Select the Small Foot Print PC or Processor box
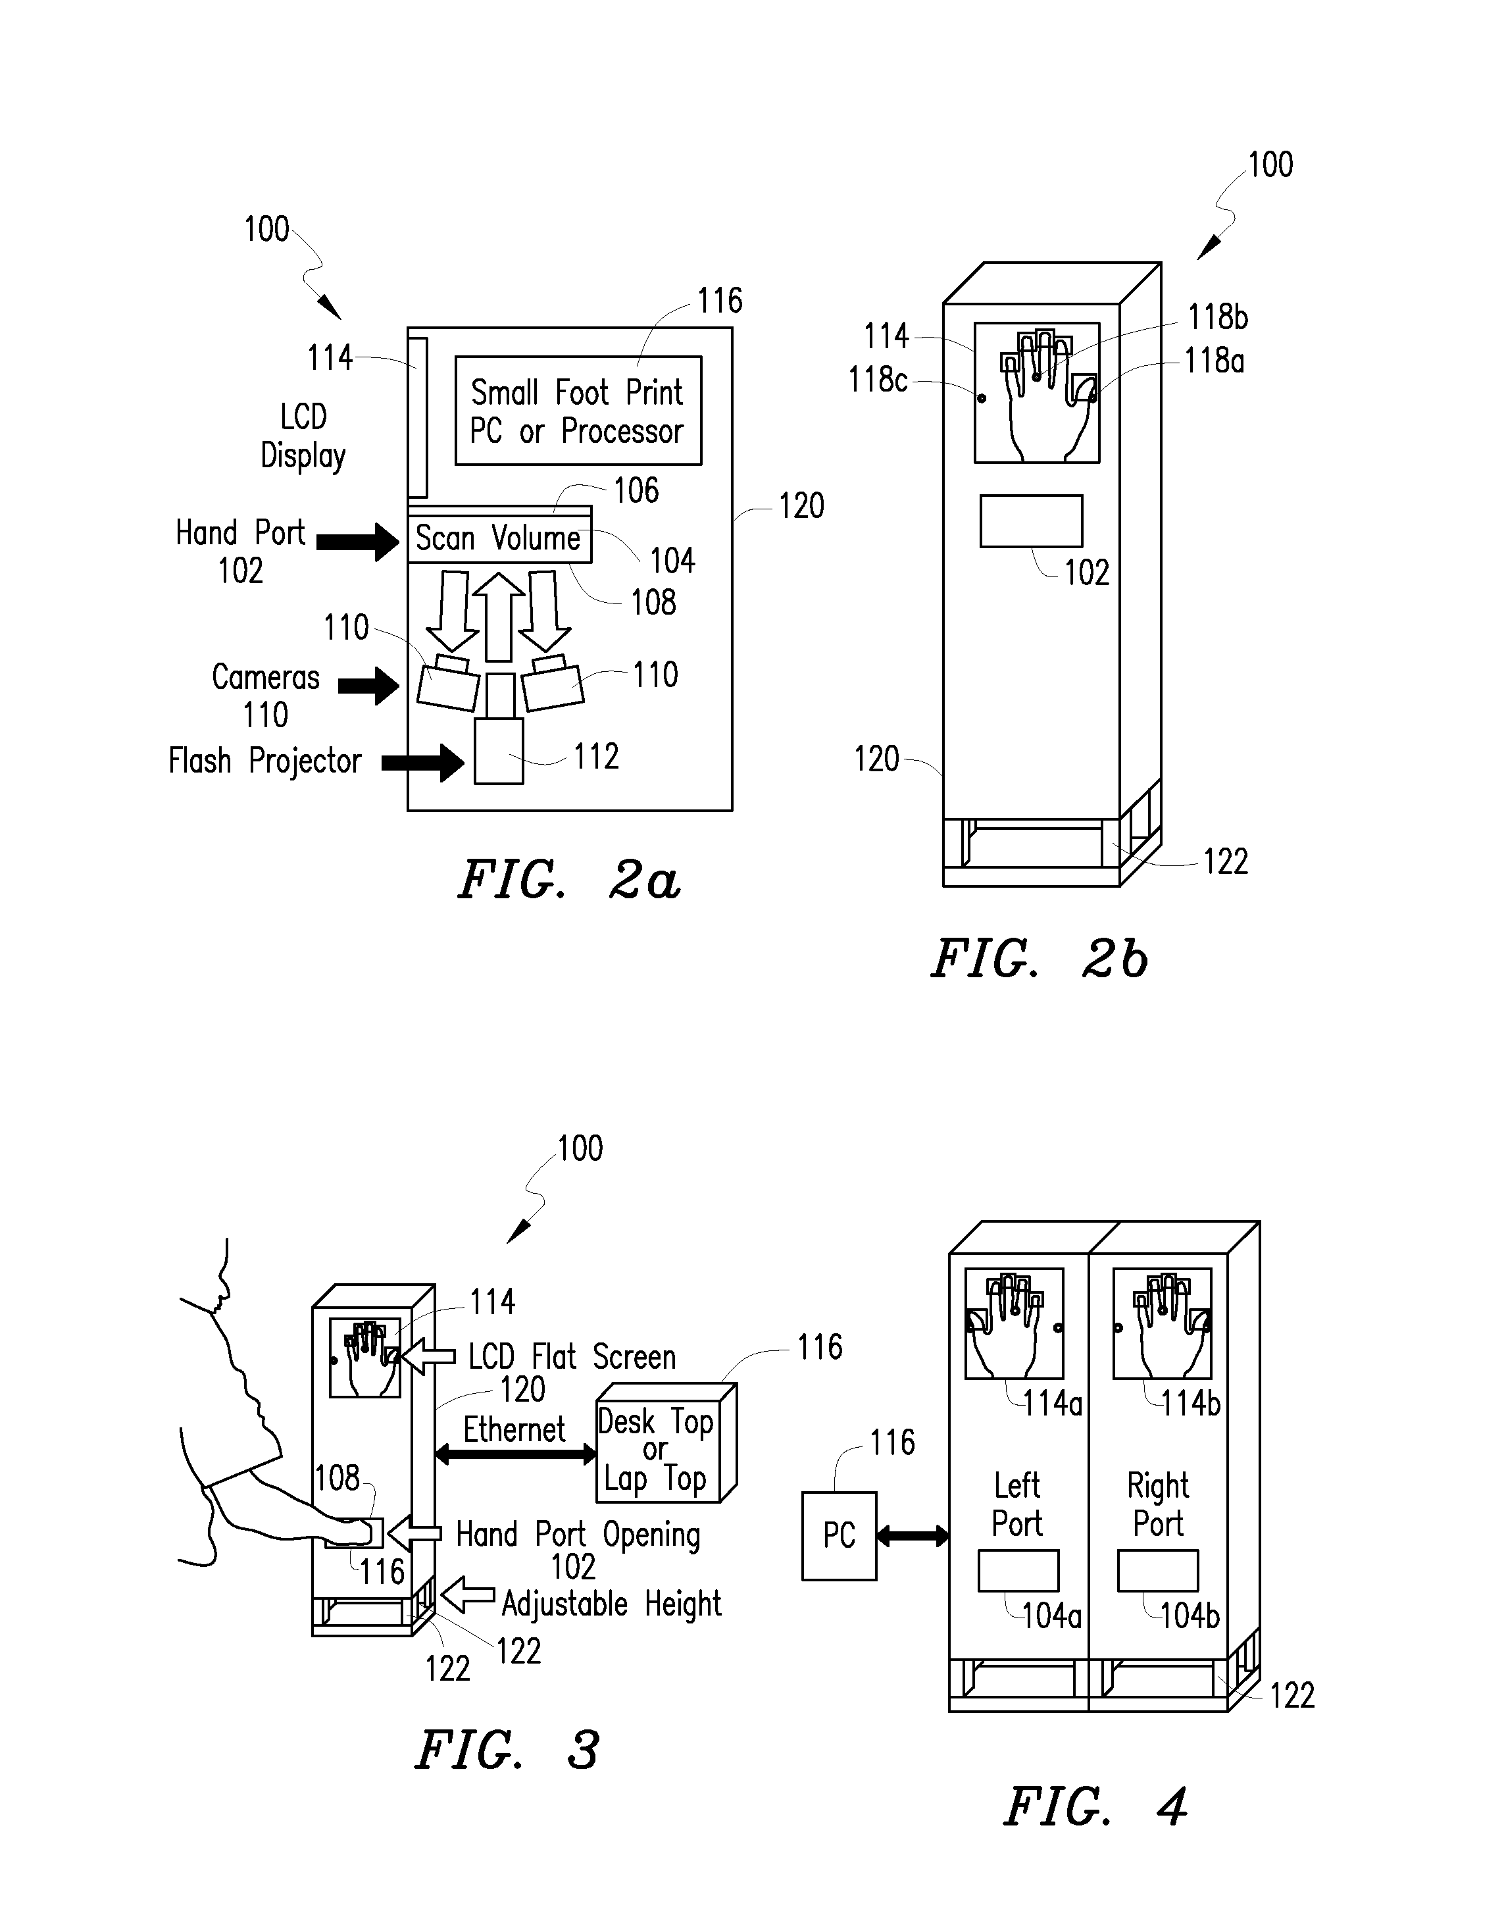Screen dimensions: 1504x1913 click(578, 411)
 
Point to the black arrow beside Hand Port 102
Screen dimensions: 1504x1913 click(357, 542)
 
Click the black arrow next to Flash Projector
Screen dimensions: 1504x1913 click(422, 763)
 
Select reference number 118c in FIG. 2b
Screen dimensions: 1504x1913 click(877, 380)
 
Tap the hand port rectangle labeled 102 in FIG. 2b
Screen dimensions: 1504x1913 click(1031, 521)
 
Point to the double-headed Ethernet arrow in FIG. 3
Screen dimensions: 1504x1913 click(516, 1454)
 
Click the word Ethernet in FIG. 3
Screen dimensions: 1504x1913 click(514, 1429)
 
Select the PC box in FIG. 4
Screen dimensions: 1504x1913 click(840, 1536)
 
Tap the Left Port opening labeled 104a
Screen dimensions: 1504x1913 click(1018, 1570)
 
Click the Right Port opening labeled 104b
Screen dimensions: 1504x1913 click(1158, 1570)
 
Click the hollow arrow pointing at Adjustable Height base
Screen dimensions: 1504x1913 click(468, 1594)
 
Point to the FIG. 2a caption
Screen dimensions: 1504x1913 click(570, 880)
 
